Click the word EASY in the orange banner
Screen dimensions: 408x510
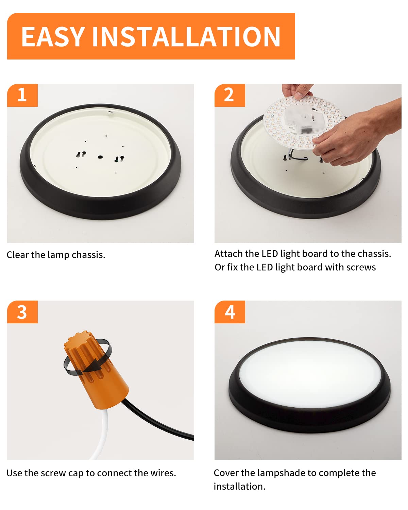[53, 36]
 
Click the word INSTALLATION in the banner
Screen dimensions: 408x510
[186, 36]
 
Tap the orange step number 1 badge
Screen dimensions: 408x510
[22, 95]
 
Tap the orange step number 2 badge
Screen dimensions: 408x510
[230, 95]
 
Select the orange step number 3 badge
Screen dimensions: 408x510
[22, 312]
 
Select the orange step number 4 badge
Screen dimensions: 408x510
[230, 312]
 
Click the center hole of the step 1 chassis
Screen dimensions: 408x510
[100, 157]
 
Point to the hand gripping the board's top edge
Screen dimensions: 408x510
[298, 91]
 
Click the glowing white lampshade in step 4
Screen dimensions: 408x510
[310, 374]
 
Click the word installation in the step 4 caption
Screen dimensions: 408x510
[239, 487]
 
